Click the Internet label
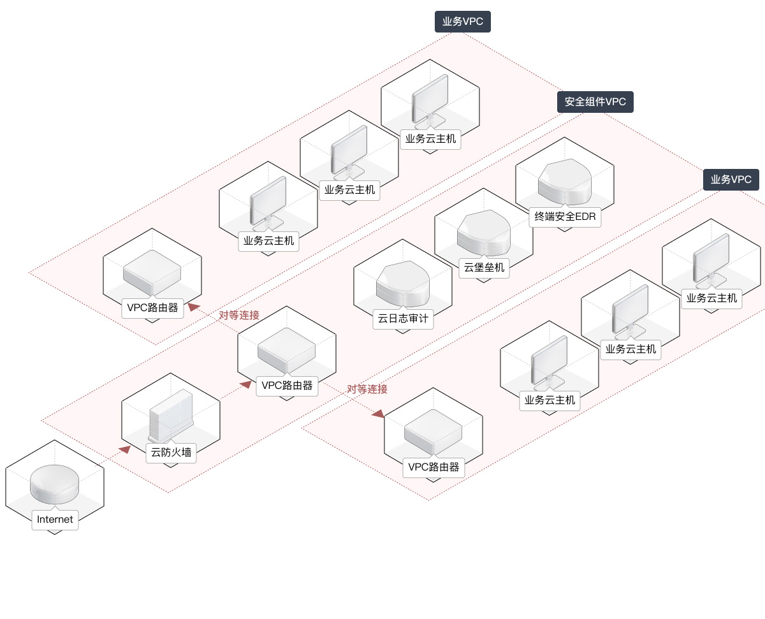pos(55,519)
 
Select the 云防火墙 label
pos(170,453)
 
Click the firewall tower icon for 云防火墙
pos(170,416)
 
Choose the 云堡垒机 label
pos(484,267)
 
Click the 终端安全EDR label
pos(565,216)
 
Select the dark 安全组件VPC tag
pos(595,102)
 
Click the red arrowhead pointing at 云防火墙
pos(124,449)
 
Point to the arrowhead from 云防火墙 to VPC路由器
pos(246,384)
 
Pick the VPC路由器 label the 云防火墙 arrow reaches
pos(287,386)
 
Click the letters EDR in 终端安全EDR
pos(585,216)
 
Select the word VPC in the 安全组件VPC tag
pos(616,102)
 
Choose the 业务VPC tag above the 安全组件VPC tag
pos(463,21)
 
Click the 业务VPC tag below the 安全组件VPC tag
pos(731,179)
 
